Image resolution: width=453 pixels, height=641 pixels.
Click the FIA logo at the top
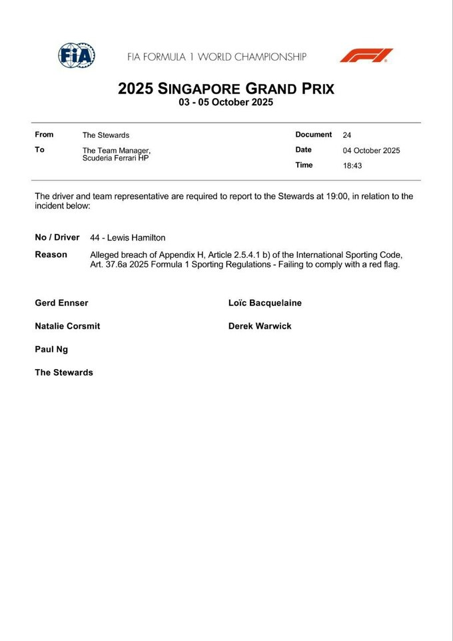76,55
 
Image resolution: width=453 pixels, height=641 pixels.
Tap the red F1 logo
366,55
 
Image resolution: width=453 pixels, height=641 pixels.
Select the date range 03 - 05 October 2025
226,103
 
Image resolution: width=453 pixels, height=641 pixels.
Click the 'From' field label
44,135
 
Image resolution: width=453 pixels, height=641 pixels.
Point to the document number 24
347,135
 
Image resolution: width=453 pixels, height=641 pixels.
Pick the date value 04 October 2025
371,151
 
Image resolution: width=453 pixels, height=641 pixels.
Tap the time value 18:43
352,166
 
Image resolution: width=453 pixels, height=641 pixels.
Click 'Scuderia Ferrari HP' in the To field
115,158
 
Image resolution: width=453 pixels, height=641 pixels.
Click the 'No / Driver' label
57,238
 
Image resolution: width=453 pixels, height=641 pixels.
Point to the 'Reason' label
51,255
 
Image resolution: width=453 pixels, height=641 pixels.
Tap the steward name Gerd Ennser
61,303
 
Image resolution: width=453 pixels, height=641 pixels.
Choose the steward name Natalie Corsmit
67,326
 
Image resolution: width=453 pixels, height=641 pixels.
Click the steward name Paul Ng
51,349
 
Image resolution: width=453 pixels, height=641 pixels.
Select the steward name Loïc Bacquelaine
264,303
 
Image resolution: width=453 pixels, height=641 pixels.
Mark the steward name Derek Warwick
259,326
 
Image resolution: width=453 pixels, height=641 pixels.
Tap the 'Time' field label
304,165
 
